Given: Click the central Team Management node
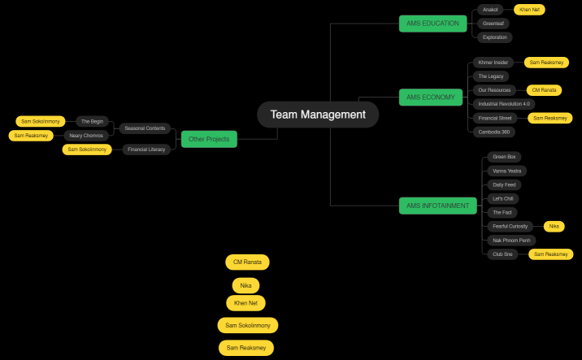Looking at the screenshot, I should pyautogui.click(x=318, y=115).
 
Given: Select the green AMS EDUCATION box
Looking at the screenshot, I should pyautogui.click(x=432, y=24).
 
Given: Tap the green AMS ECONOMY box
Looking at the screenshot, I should pyautogui.click(x=431, y=98).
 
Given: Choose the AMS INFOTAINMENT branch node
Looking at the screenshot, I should pyautogui.click(x=437, y=206).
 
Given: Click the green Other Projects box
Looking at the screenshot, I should pyautogui.click(x=209, y=139).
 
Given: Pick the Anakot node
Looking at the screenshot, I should pyautogui.click(x=490, y=10).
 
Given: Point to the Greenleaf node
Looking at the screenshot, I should pyautogui.click(x=493, y=24).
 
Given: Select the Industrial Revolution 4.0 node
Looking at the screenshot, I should pyautogui.click(x=504, y=104).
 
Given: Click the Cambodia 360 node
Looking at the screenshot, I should pyautogui.click(x=494, y=132).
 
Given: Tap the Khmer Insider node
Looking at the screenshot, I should pyautogui.click(x=493, y=63).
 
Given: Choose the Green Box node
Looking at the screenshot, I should pyautogui.click(x=505, y=157).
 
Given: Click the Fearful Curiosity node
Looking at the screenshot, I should pyautogui.click(x=510, y=226).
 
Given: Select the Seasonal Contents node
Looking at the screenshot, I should pyautogui.click(x=145, y=128).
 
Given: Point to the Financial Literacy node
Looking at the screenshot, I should pyautogui.click(x=147, y=150).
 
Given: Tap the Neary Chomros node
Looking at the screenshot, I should pyautogui.click(x=86, y=136).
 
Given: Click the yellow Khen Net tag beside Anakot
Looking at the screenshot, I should pyautogui.click(x=529, y=10).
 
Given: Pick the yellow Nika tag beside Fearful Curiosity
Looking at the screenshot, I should pyautogui.click(x=554, y=226).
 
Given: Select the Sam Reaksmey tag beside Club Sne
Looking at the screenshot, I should pyautogui.click(x=550, y=254).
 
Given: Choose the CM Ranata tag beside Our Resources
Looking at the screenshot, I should pyautogui.click(x=544, y=90).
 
